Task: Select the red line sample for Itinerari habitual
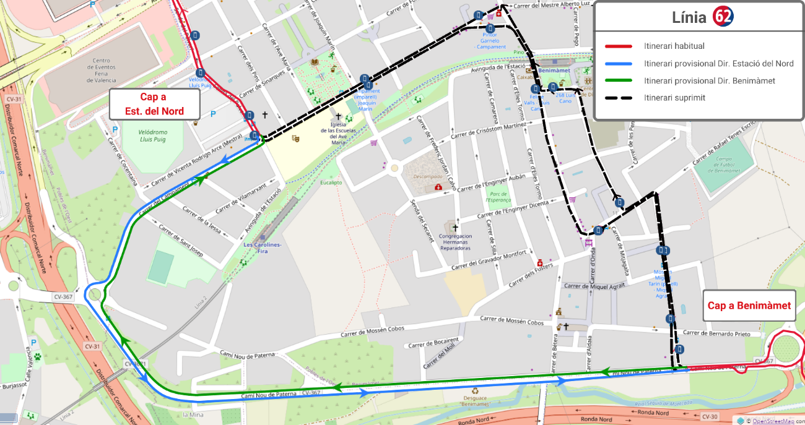618,46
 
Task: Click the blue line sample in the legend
618,64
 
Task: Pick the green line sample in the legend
618,81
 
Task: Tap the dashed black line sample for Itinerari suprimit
618,98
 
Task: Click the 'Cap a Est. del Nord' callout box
154,104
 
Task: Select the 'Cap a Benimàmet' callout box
749,306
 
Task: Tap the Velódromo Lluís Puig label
144,136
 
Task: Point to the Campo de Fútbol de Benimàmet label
723,164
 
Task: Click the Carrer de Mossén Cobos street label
511,322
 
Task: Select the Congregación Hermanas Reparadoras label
455,242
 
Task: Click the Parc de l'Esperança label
498,197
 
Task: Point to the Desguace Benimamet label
475,400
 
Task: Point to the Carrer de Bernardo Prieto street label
718,334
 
